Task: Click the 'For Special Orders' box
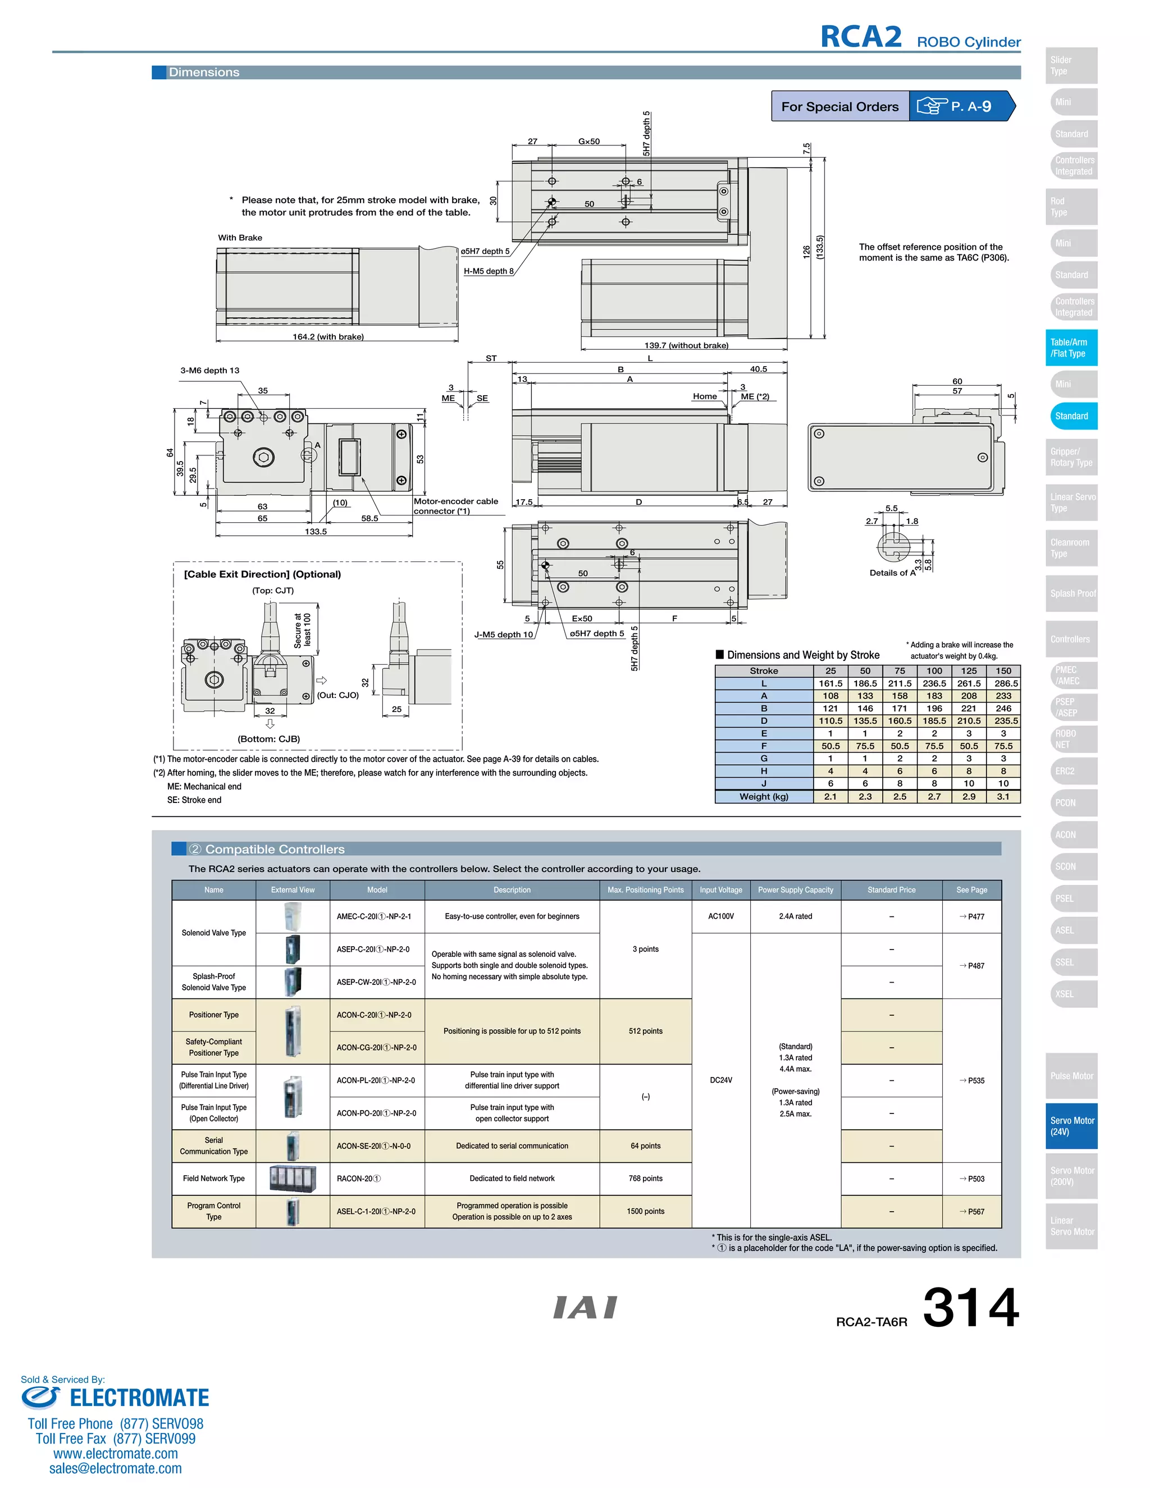[x=839, y=106]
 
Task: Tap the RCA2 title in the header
[x=860, y=37]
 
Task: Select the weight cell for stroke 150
[x=1003, y=796]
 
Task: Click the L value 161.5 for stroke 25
[x=830, y=683]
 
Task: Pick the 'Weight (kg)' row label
[x=764, y=796]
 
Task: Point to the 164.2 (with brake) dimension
[x=328, y=336]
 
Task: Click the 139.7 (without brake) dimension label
[x=686, y=345]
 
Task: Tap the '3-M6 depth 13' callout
[x=210, y=371]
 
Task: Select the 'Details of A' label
[x=892, y=573]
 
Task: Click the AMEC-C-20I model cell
[x=374, y=916]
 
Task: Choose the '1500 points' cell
[x=645, y=1211]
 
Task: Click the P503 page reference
[x=972, y=1179]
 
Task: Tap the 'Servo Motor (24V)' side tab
[x=1071, y=1126]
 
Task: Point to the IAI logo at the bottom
[x=585, y=1307]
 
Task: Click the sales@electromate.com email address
[x=115, y=1468]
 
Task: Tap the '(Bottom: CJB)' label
[x=268, y=740]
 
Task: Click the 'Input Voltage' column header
[x=721, y=890]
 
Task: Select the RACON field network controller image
[x=293, y=1179]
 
